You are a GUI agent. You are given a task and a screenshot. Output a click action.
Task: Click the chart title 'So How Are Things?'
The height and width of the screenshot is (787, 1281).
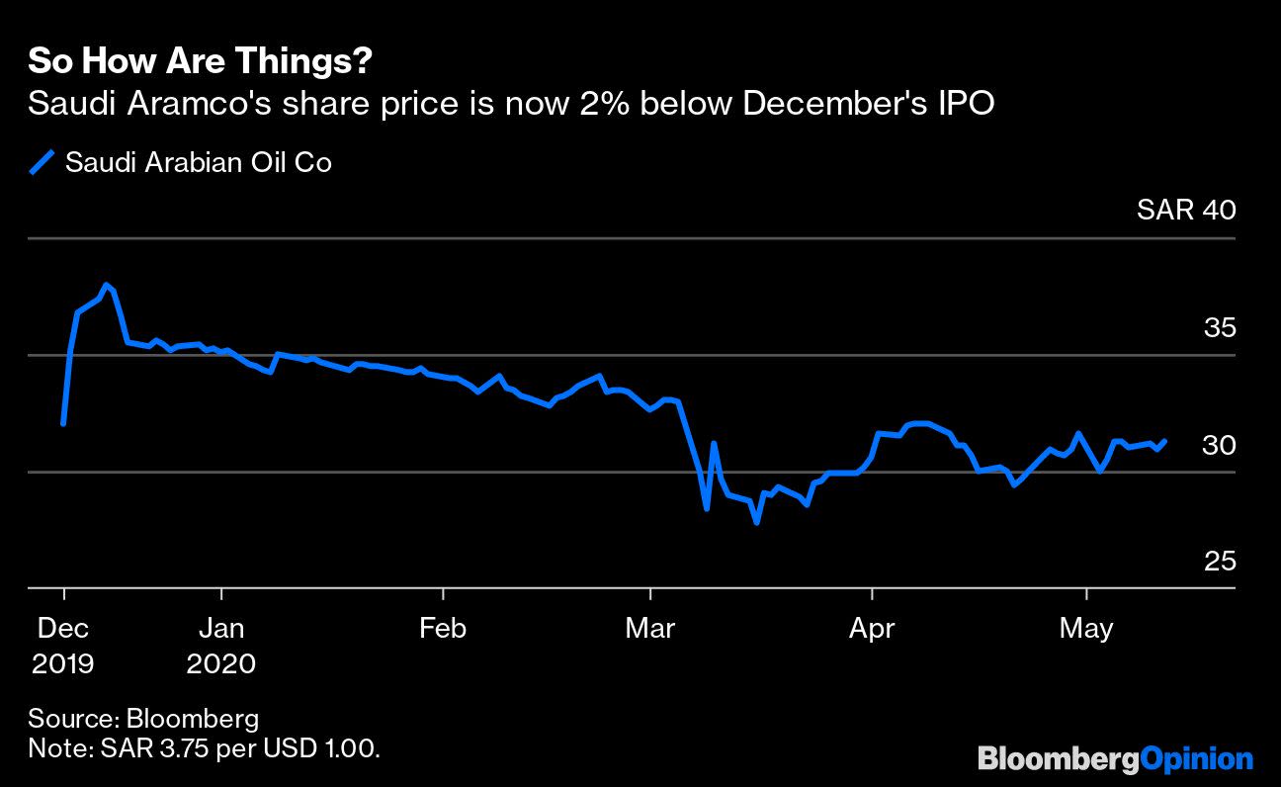click(x=200, y=61)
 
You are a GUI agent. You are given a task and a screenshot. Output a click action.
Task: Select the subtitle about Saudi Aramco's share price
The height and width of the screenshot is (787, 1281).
click(x=511, y=103)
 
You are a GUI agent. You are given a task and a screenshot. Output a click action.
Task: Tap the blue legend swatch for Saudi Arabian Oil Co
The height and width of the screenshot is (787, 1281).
click(x=42, y=162)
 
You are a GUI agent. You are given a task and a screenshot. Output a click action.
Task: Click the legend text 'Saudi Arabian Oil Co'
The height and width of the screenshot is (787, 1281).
click(x=198, y=162)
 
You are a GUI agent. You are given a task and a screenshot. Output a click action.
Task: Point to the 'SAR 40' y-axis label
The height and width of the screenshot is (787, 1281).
click(x=1186, y=210)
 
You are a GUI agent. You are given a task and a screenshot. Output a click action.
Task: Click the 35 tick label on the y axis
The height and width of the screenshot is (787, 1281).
click(x=1219, y=327)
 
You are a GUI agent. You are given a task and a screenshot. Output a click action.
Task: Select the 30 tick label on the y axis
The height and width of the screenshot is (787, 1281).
click(x=1219, y=445)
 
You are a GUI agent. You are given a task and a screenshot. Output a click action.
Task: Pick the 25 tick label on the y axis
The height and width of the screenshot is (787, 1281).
click(x=1219, y=561)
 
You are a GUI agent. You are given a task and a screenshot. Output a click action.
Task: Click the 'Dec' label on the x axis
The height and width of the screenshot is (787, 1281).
click(x=63, y=628)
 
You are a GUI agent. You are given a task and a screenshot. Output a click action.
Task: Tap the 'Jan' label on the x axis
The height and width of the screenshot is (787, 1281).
click(x=221, y=628)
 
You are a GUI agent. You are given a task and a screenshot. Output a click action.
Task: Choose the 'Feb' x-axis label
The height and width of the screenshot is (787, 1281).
click(x=442, y=628)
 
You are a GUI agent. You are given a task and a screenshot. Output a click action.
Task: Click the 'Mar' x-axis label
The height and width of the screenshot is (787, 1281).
click(x=650, y=628)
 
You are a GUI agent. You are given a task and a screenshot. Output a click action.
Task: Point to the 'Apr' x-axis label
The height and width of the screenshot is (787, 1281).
click(x=872, y=628)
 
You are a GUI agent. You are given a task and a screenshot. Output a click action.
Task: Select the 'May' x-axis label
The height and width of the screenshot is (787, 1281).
click(x=1086, y=628)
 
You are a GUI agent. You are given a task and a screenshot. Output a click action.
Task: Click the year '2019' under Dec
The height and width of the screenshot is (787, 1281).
click(x=63, y=661)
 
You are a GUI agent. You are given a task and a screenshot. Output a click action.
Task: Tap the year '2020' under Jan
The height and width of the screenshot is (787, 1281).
click(x=221, y=661)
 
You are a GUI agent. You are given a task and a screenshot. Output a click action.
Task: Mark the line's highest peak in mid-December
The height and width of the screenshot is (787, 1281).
click(x=107, y=285)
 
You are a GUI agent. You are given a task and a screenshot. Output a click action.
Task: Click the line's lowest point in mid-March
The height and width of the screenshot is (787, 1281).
click(x=756, y=521)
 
